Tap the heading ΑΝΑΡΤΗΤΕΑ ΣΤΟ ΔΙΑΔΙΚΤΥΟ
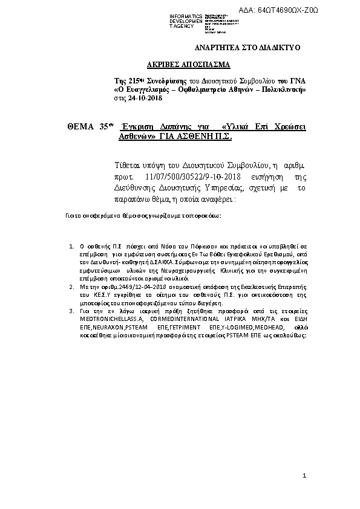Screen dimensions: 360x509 click(x=247, y=47)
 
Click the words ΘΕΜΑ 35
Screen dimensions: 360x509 click(x=90, y=126)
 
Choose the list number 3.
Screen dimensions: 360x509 click(x=72, y=310)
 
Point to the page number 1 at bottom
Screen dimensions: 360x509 click(x=306, y=478)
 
